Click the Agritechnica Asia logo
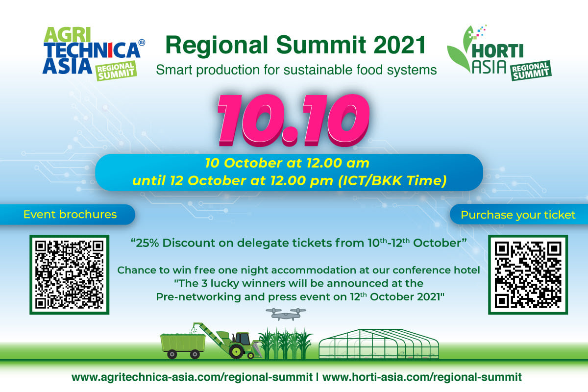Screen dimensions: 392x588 point(91,51)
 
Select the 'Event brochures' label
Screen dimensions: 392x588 point(70,215)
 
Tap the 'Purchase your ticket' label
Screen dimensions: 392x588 point(518,215)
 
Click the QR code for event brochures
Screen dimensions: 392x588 point(69,274)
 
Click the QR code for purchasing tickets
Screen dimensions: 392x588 point(527,274)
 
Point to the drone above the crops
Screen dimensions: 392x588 point(286,314)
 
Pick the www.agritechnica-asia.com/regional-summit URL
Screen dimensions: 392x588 point(192,377)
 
